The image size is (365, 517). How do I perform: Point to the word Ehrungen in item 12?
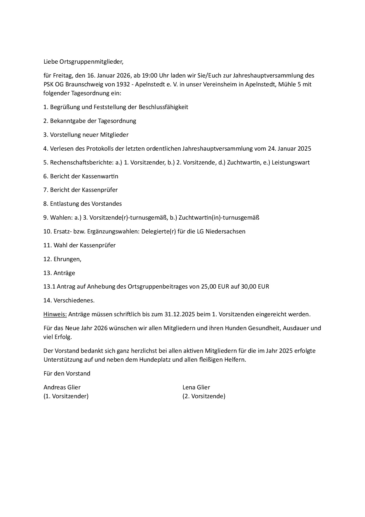[67, 259]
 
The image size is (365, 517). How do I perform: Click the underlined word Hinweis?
[55, 314]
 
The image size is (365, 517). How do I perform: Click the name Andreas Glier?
[62, 387]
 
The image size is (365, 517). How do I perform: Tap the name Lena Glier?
[196, 387]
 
